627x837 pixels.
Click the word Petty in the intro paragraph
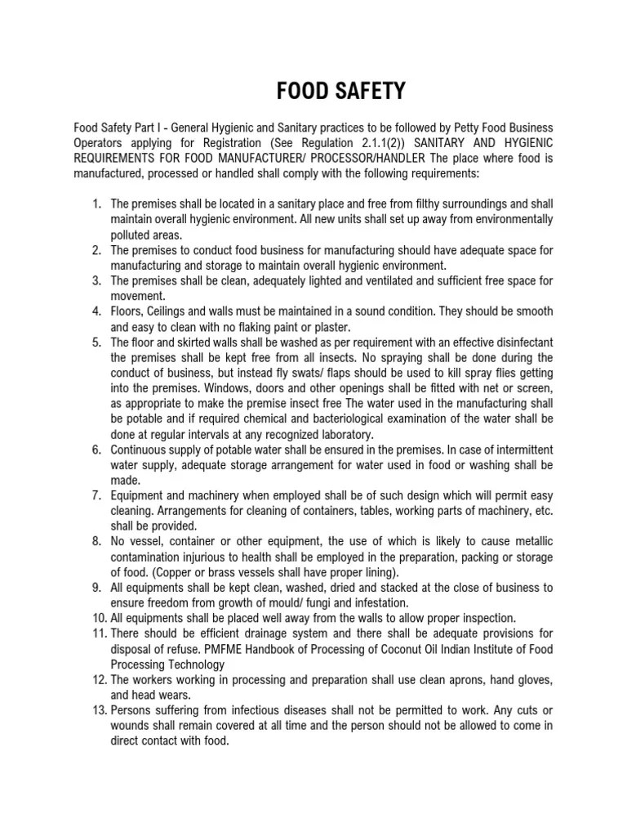(x=443, y=128)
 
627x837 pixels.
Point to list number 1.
(x=96, y=204)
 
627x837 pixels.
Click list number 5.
(x=96, y=343)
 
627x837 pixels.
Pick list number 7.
(x=96, y=496)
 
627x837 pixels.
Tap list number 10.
(x=95, y=617)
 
